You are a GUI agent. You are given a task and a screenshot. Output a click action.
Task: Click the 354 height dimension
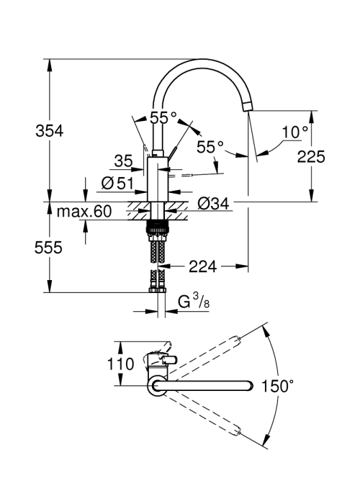[50, 131]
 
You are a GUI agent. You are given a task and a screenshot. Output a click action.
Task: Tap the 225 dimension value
[311, 157]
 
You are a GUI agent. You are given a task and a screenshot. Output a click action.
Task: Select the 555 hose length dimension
[48, 248]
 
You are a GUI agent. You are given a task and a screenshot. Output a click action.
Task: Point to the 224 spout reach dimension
[203, 266]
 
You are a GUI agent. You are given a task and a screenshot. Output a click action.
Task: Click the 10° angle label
[295, 132]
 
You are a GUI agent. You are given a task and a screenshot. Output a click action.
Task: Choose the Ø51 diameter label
[117, 184]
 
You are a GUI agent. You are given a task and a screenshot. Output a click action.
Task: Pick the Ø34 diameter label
[213, 204]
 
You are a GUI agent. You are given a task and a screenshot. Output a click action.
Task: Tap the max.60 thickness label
[84, 212]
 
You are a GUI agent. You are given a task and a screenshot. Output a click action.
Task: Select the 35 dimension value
[123, 161]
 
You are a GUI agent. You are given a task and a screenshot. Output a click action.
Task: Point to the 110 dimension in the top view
[120, 364]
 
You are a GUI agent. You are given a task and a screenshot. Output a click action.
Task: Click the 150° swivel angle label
[277, 386]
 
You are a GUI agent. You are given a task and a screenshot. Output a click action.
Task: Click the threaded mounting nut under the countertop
[158, 228]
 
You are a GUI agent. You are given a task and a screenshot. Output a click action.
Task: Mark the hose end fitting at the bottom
[158, 290]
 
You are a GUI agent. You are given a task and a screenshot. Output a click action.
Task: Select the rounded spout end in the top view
[250, 386]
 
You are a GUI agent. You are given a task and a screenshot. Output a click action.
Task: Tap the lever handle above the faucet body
[172, 153]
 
